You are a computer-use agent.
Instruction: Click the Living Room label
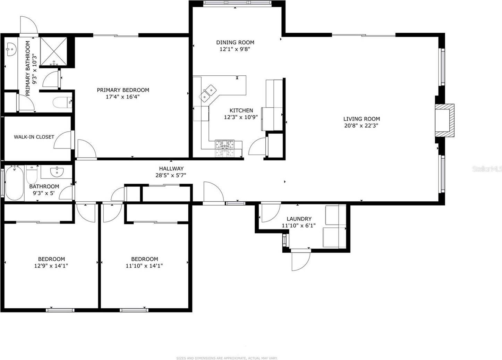point(361,119)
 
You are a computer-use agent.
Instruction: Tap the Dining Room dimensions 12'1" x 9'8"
point(235,49)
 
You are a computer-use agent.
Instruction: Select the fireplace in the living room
point(445,120)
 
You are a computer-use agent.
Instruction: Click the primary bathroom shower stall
point(53,51)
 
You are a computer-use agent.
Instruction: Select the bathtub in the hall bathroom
point(14,183)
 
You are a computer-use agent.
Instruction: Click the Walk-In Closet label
point(34,137)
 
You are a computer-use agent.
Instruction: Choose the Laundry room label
point(299,219)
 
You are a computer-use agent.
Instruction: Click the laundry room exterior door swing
point(300,260)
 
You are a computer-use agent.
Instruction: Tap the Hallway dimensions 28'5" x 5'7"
point(171,176)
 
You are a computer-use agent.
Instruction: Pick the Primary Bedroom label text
point(123,90)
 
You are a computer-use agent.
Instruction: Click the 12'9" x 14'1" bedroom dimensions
point(51,266)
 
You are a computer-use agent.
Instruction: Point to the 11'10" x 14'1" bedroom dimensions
point(144,266)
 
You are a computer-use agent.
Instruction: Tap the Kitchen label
point(241,110)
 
